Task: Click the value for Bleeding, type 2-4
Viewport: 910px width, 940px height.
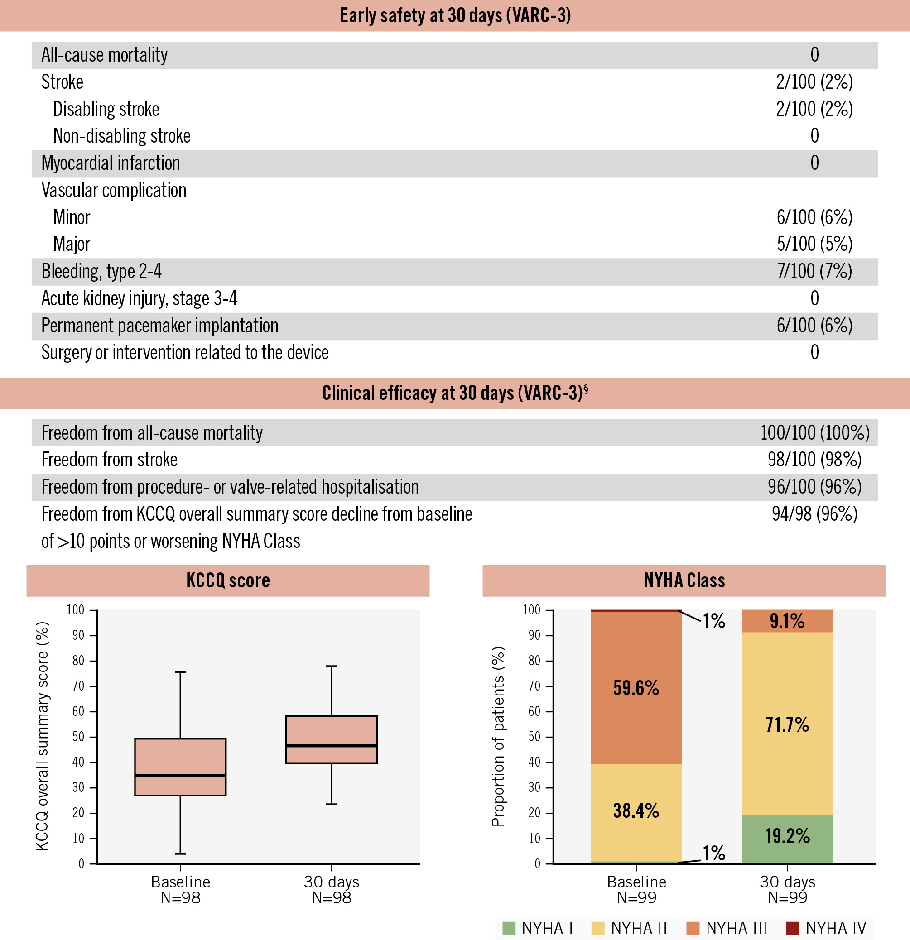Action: click(814, 271)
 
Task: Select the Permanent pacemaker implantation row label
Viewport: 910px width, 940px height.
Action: click(160, 326)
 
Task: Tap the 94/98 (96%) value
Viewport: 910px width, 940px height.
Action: click(814, 514)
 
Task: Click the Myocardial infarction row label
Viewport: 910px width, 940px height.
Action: click(111, 163)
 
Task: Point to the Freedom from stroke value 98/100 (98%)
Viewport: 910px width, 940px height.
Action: click(814, 460)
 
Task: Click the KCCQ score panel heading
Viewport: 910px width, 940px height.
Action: click(228, 581)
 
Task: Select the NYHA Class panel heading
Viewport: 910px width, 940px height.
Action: click(684, 581)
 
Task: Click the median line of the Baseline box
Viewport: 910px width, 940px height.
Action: click(180, 776)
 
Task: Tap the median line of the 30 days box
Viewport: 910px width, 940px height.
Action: click(332, 746)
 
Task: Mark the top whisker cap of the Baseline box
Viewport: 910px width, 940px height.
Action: click(180, 672)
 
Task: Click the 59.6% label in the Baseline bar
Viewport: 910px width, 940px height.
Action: click(636, 689)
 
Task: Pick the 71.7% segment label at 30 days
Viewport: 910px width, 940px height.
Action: click(787, 724)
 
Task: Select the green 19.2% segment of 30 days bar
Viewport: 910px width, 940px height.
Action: click(787, 836)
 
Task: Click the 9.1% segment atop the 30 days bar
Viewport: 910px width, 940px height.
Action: click(787, 622)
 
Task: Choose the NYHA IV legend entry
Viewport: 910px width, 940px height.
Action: click(827, 929)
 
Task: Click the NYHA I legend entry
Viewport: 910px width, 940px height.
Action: click(538, 929)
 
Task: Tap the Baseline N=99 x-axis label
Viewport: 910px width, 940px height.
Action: click(636, 890)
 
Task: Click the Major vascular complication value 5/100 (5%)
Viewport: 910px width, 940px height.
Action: click(814, 244)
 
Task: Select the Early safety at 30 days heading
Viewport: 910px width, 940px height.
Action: click(455, 16)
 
